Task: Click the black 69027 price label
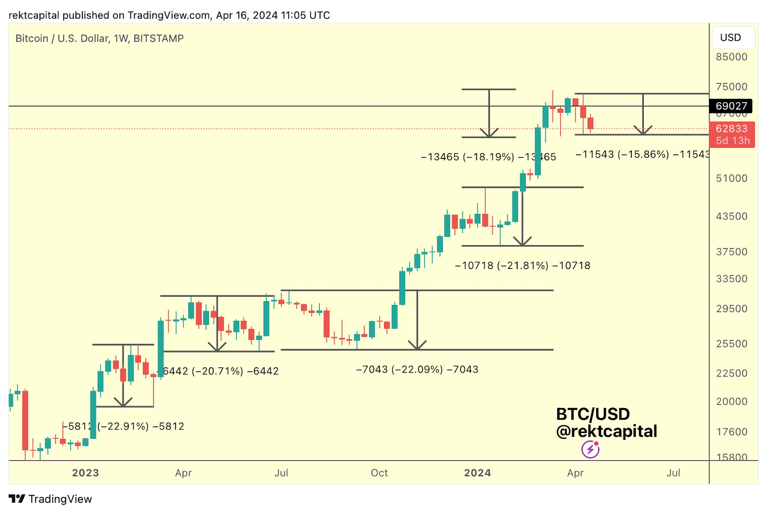731,106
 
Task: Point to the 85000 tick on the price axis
732,57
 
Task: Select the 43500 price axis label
732,216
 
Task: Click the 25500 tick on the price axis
732,344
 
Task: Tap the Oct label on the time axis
379,473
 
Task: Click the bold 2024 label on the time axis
477,473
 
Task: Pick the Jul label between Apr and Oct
281,473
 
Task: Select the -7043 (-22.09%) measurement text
417,369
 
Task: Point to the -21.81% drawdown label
523,265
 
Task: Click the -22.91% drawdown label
124,426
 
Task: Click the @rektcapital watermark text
606,431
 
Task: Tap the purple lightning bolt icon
590,449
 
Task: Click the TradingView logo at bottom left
50,499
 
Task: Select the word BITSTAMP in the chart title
158,38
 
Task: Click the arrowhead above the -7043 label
418,345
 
